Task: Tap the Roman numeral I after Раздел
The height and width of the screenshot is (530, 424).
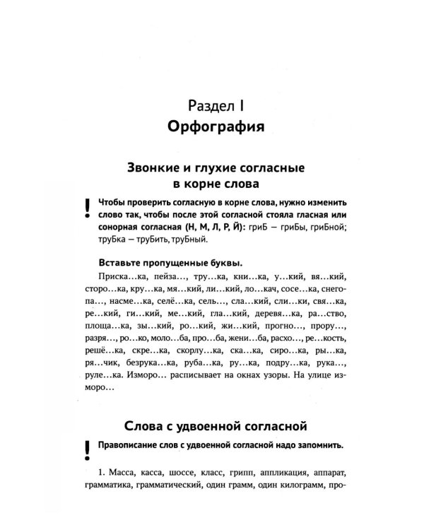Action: pos(240,107)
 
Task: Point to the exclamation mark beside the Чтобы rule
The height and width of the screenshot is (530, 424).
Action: pos(86,207)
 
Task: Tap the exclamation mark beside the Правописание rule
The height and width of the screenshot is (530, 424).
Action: pos(86,447)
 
